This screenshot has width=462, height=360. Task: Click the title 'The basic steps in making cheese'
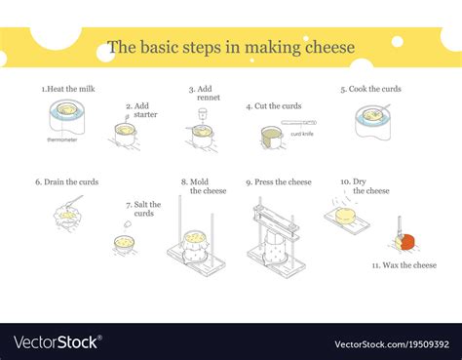[230, 46]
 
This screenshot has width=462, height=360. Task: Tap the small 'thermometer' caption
[62, 140]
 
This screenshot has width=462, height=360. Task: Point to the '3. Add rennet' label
[201, 94]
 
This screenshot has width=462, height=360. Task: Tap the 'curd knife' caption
[302, 135]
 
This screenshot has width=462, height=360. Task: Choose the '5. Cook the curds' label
[370, 89]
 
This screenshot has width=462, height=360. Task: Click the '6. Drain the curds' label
[66, 181]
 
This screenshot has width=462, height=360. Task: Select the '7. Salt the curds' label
[142, 209]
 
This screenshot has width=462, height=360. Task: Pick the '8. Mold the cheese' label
[203, 186]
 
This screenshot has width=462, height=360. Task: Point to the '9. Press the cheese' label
[279, 181]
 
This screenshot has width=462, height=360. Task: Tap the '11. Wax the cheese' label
[404, 264]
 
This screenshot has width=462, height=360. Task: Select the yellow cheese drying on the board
[345, 214]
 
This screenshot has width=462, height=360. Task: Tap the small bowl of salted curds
[124, 242]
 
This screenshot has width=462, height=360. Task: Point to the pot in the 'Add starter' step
[125, 134]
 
